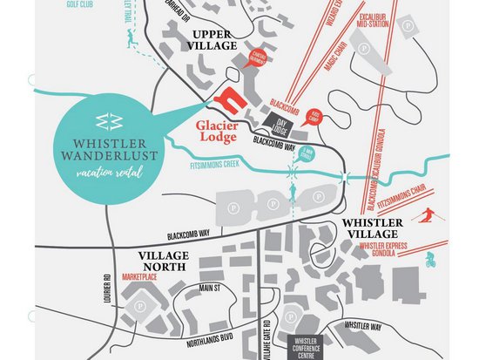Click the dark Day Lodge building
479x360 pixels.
[280, 126]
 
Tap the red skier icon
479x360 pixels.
[426, 214]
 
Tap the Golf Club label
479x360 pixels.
[80, 4]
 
